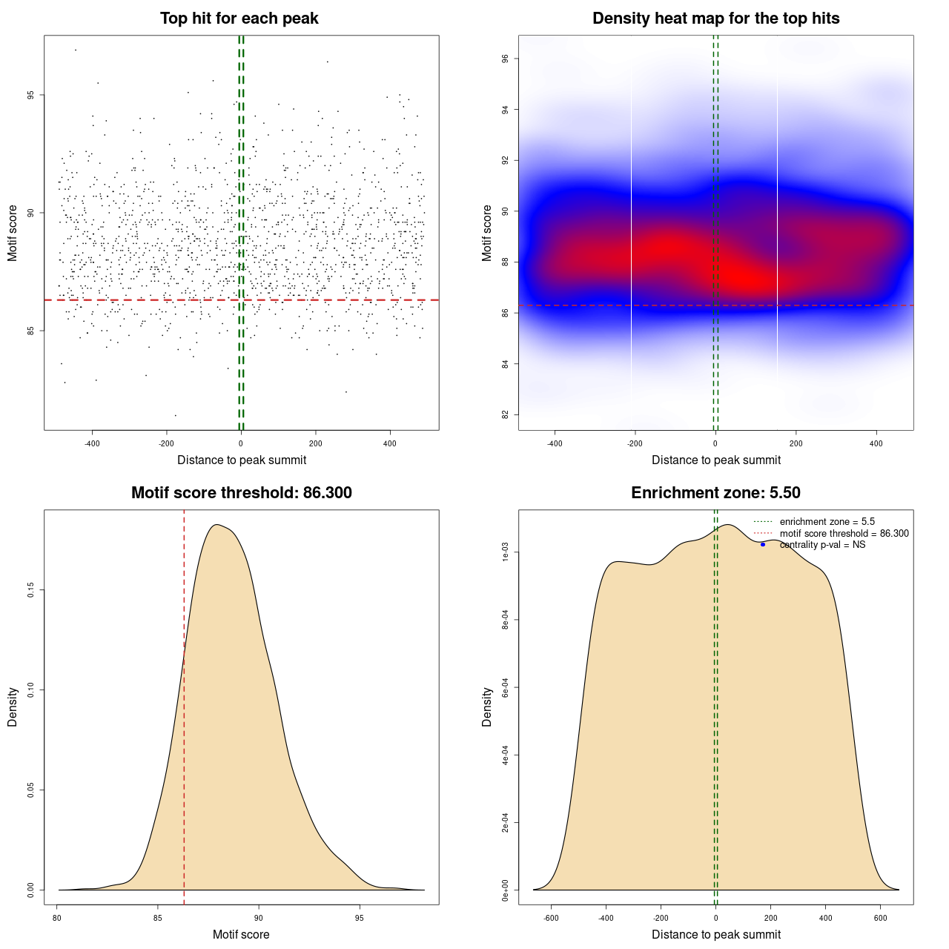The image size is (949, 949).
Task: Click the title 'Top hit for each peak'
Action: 239,19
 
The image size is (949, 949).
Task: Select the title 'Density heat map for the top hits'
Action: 715,19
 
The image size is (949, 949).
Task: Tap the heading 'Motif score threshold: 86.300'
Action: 241,493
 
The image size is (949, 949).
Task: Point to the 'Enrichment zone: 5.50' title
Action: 715,493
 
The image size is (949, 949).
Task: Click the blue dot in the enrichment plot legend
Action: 763,545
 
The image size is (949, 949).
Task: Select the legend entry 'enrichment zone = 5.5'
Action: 827,522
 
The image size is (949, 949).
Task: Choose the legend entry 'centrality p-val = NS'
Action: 822,545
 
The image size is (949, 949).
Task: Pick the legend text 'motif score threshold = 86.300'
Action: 844,534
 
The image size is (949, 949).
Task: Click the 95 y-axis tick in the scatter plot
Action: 31,95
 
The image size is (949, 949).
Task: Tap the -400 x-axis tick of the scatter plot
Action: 92,444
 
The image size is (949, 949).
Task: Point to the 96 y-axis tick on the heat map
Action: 506,59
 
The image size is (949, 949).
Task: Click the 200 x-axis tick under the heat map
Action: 796,444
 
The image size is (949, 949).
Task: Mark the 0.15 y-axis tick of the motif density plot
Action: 31,590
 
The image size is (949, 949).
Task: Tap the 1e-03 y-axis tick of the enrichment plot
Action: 506,552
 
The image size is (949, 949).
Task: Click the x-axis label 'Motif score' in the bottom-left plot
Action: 241,935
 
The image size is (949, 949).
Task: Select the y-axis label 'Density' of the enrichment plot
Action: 487,707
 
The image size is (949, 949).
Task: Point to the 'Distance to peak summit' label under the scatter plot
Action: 242,460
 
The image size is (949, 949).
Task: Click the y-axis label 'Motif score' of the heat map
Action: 487,233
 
